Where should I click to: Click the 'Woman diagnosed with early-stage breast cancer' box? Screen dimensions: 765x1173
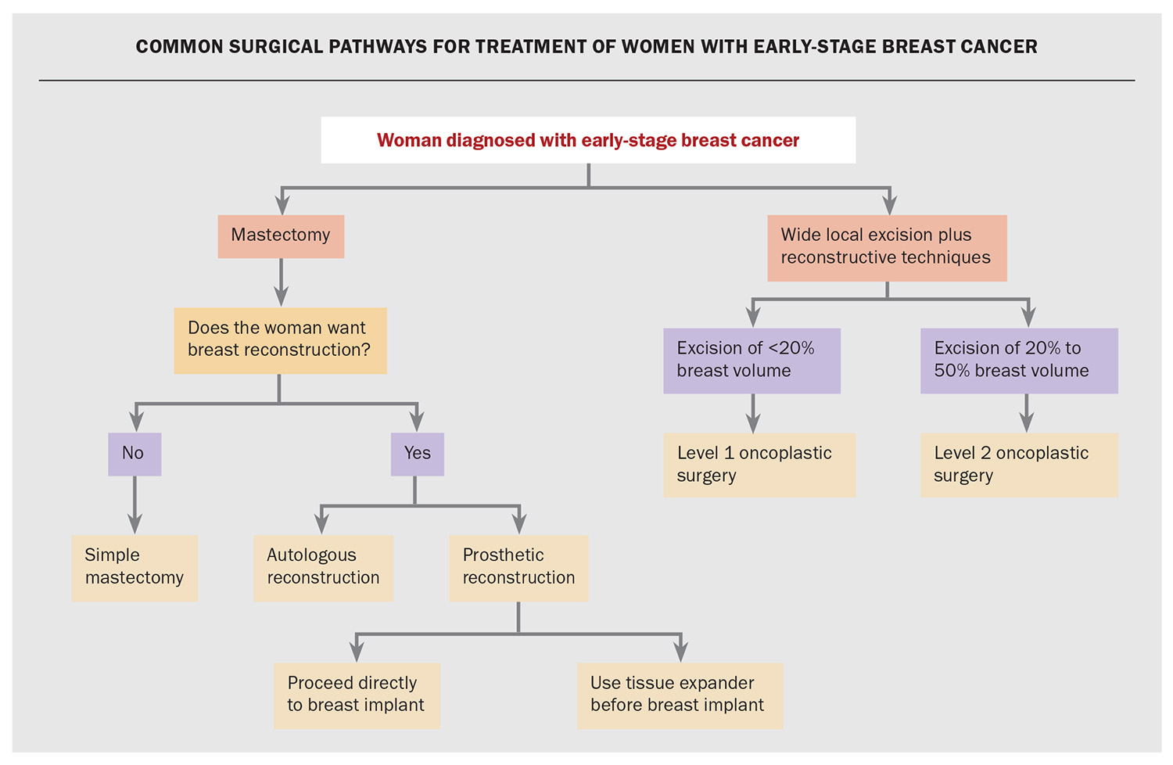click(x=588, y=140)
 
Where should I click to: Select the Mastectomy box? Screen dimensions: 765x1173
click(x=281, y=236)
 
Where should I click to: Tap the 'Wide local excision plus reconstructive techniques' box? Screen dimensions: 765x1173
click(x=887, y=248)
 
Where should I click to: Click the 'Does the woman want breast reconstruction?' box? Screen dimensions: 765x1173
click(x=280, y=340)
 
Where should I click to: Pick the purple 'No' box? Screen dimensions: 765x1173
click(x=135, y=454)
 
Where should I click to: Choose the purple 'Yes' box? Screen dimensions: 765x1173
click(x=417, y=454)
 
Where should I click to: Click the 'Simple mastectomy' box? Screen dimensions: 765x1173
click(x=135, y=568)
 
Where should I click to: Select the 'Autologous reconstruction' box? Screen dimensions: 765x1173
click(x=323, y=568)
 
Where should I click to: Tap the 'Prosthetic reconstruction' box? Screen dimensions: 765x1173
click(x=518, y=568)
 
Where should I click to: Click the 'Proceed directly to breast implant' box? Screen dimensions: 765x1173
click(x=357, y=695)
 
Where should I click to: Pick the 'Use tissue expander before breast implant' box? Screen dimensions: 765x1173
click(x=680, y=695)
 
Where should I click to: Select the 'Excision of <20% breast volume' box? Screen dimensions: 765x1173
click(x=752, y=361)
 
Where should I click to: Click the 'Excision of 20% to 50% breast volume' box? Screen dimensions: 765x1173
click(x=1019, y=361)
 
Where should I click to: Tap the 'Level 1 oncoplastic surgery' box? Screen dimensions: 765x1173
click(x=759, y=465)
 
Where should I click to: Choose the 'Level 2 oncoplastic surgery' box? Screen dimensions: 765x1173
click(x=1019, y=465)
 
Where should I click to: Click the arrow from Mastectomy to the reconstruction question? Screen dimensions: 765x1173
click(x=281, y=282)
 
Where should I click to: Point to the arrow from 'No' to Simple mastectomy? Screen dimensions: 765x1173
click(x=135, y=505)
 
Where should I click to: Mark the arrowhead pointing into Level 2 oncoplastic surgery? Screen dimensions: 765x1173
click(x=1027, y=423)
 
